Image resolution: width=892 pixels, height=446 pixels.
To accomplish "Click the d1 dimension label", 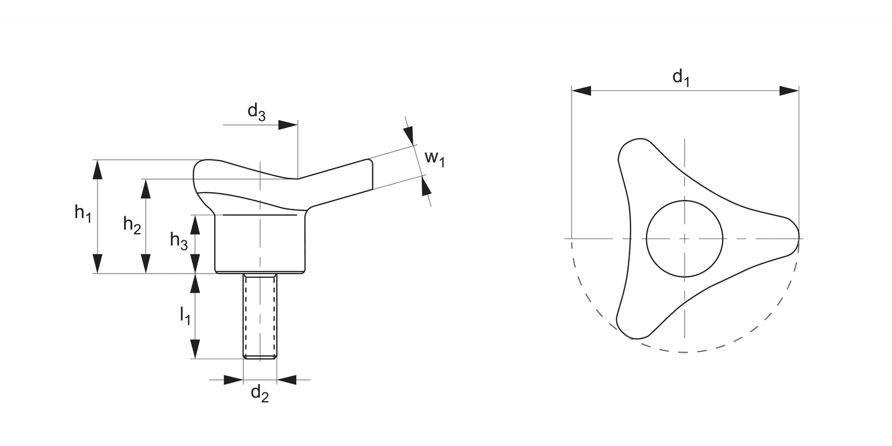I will pyautogui.click(x=681, y=77).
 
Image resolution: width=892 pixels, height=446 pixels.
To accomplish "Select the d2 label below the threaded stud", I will pyautogui.click(x=259, y=393).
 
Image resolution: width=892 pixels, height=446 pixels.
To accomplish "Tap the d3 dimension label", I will pyautogui.click(x=256, y=111).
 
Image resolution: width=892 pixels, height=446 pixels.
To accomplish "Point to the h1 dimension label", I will pyautogui.click(x=83, y=212).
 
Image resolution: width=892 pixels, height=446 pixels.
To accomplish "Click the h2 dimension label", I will pyautogui.click(x=132, y=225).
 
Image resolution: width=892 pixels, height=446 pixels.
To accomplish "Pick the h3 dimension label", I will pyautogui.click(x=179, y=240).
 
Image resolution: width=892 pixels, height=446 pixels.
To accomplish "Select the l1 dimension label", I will pyautogui.click(x=185, y=315).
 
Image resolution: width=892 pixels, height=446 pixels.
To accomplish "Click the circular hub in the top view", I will pyautogui.click(x=684, y=238).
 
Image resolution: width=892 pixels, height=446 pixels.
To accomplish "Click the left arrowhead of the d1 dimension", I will pyautogui.click(x=581, y=90).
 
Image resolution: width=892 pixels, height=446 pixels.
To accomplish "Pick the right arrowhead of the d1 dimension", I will pyautogui.click(x=789, y=90).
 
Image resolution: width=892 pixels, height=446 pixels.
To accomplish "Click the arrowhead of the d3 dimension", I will pyautogui.click(x=288, y=125).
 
